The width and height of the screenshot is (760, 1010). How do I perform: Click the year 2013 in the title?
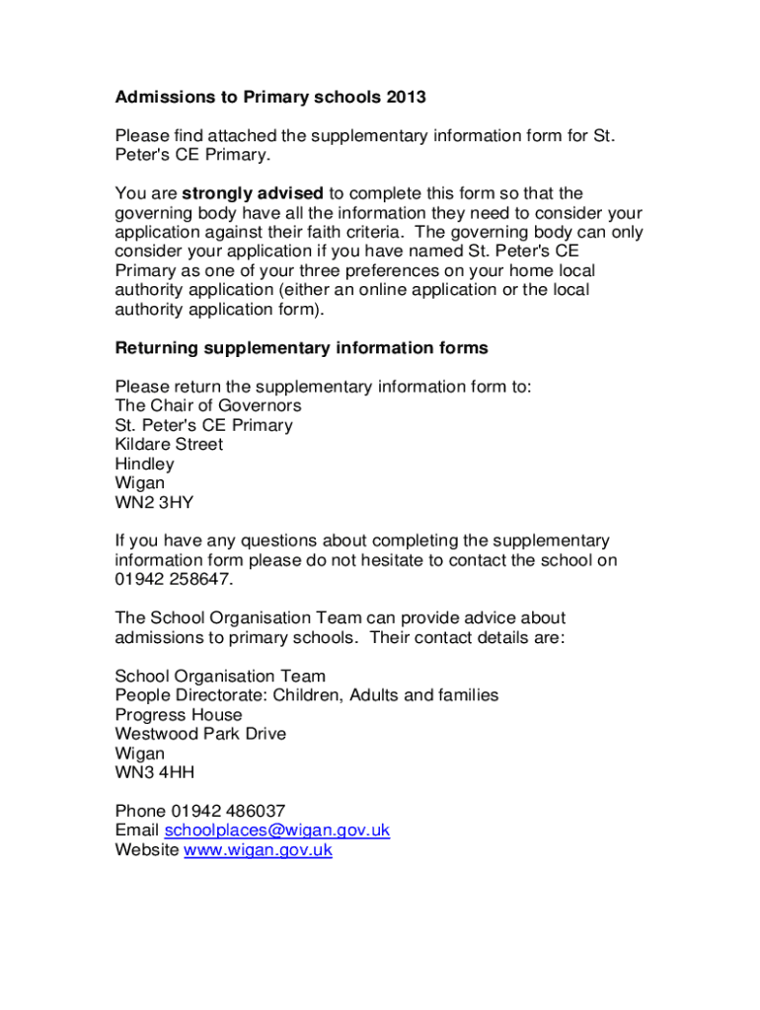(406, 97)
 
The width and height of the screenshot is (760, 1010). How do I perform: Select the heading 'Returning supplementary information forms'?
(301, 348)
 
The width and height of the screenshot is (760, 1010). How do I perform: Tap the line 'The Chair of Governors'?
(208, 405)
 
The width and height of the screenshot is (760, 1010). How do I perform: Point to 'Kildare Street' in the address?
(169, 444)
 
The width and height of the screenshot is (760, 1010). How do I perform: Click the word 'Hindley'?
(144, 464)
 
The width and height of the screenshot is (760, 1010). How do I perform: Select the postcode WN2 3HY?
(154, 502)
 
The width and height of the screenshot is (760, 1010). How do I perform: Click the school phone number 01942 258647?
(174, 579)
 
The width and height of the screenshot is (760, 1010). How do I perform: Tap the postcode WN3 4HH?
(154, 772)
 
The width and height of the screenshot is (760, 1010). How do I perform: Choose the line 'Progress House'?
(178, 715)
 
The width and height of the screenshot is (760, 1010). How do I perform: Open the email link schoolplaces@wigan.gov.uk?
(277, 830)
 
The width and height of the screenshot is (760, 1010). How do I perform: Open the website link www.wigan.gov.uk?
(258, 849)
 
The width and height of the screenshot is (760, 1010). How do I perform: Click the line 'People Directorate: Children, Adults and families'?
(306, 695)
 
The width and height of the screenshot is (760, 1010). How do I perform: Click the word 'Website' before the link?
(147, 849)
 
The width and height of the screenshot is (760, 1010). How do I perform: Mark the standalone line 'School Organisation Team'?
(219, 676)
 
